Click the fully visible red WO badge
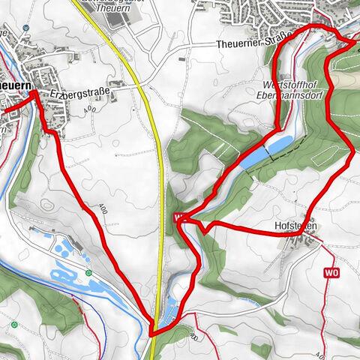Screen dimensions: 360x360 coord(332,273)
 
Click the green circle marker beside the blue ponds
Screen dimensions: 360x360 coord(88,273)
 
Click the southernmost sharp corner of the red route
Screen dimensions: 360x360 coord(151,333)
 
